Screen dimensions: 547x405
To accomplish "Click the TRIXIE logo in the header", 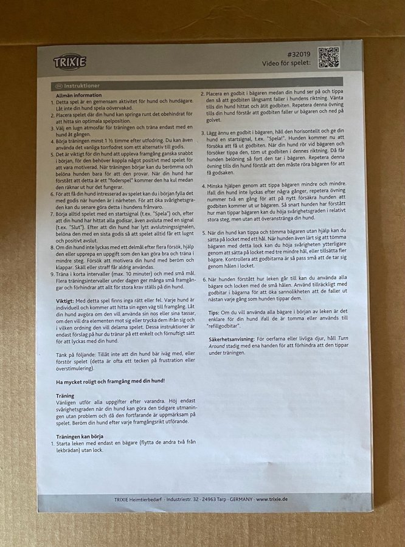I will click(x=70, y=62).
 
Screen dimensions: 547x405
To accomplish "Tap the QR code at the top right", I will click(x=328, y=57).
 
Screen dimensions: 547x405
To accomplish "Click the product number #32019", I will click(x=297, y=53).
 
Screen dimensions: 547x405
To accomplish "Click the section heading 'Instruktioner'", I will click(x=86, y=86).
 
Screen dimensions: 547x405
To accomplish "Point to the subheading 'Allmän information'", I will click(x=79, y=95).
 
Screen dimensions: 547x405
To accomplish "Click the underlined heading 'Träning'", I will click(x=65, y=396).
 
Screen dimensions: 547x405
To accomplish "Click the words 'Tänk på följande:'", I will click(x=77, y=353).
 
